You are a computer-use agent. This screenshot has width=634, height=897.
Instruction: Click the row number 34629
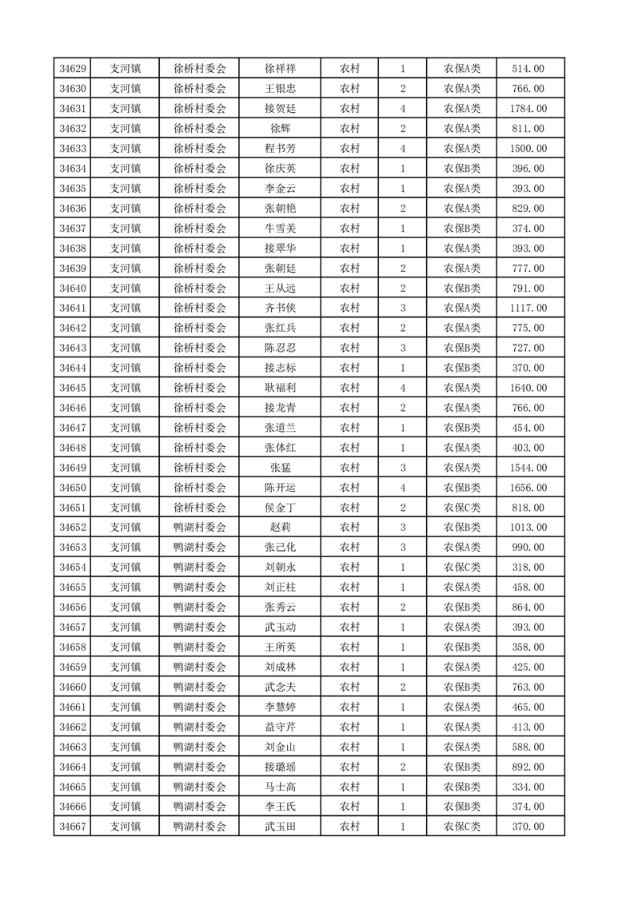click(73, 69)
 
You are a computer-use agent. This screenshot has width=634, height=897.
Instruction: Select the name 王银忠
click(280, 89)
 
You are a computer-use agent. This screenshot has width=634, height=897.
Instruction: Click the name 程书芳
click(280, 149)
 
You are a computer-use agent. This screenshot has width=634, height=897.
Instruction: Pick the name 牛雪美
click(280, 229)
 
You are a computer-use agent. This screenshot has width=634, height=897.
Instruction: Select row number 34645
click(73, 388)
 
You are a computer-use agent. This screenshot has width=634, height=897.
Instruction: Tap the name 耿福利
click(280, 388)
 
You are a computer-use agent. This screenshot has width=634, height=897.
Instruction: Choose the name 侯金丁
click(280, 508)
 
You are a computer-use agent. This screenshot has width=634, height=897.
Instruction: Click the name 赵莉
click(280, 528)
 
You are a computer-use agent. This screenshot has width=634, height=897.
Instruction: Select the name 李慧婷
click(280, 707)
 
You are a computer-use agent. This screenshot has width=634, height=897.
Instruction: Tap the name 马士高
click(280, 787)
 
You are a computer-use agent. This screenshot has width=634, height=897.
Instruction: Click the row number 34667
click(73, 827)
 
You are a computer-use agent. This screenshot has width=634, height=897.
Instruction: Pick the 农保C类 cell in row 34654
click(462, 568)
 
